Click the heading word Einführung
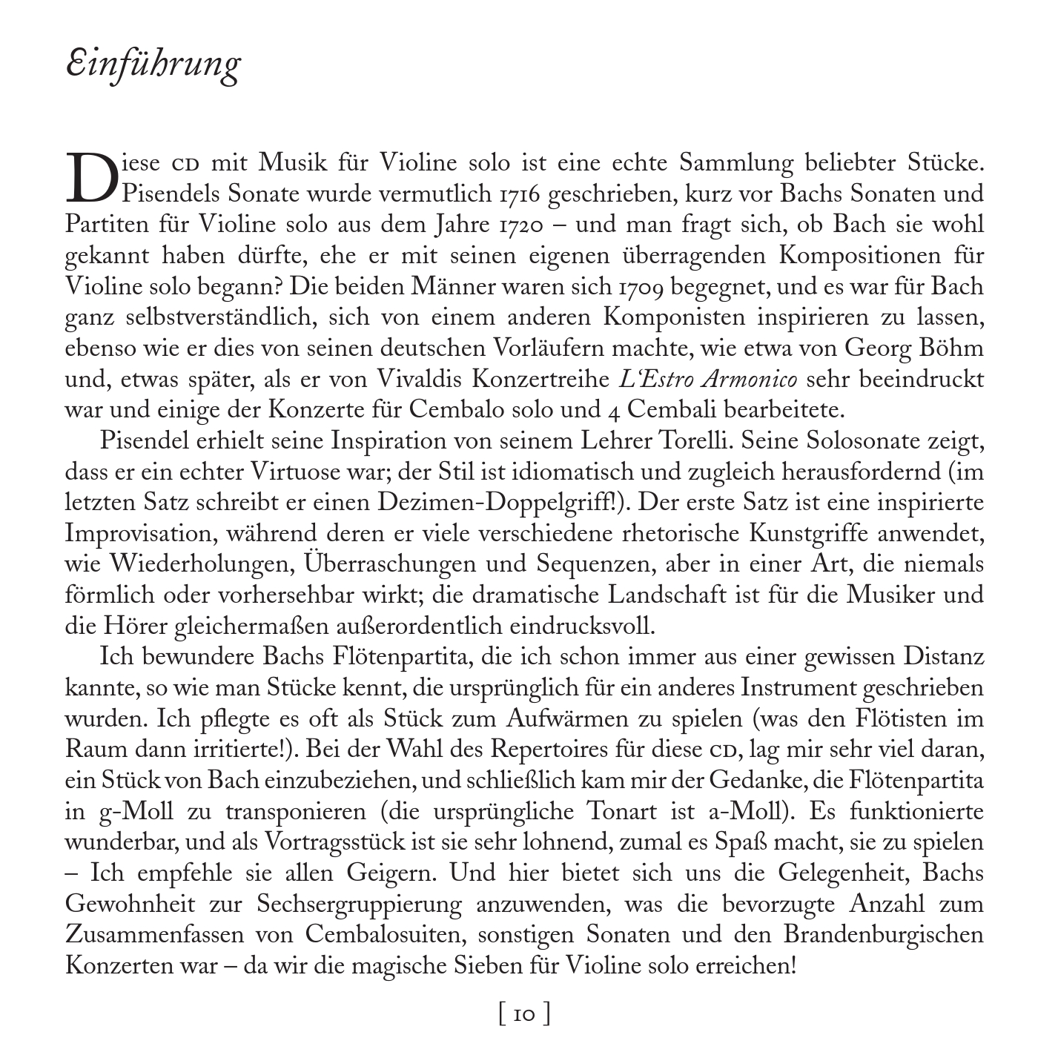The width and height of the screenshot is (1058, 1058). [153, 65]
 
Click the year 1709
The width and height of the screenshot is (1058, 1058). [642, 286]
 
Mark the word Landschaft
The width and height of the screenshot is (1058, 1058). [659, 595]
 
